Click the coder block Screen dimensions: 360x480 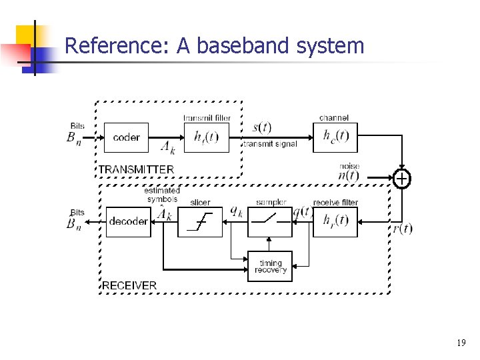127,137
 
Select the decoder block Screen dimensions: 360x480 129,221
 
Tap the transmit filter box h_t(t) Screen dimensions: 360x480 206,137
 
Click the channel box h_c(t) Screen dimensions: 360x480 335,137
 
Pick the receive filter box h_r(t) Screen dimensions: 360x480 335,221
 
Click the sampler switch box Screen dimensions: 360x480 270,221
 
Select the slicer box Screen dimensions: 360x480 200,221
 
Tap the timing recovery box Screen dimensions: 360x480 270,266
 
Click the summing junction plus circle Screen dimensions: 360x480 402,179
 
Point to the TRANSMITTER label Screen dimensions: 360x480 137,169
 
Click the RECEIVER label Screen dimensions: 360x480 129,285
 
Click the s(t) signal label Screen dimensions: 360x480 261,127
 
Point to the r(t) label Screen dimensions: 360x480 402,229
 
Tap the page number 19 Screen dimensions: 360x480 461,343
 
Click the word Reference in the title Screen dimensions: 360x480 117,46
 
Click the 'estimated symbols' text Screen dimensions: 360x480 162,195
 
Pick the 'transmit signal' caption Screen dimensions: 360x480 270,144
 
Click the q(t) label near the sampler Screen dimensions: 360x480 303,212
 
